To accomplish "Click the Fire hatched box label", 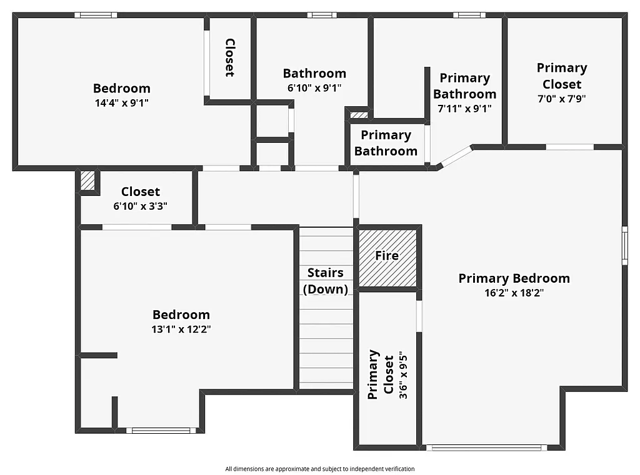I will (x=387, y=255).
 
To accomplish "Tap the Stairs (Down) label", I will (x=326, y=281).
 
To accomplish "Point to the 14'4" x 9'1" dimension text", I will (x=122, y=103).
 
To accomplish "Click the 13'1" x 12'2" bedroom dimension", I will (x=181, y=330).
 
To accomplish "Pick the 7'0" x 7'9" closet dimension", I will (x=562, y=99).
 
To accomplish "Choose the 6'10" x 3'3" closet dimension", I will (x=140, y=206).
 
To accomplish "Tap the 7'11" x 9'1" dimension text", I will (x=464, y=109).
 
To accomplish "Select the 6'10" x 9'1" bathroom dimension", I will (x=314, y=88).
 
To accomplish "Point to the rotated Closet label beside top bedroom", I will (x=229, y=57).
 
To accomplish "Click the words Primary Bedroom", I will (x=514, y=278).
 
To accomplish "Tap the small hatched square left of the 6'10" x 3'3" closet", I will (x=87, y=180).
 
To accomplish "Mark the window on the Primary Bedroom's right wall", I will (x=624, y=246).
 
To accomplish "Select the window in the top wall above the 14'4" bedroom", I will (x=96, y=14).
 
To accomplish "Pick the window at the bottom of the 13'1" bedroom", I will (x=161, y=430).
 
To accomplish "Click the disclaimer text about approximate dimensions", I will (x=320, y=469).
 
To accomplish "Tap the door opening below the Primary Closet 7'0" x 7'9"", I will (x=569, y=147).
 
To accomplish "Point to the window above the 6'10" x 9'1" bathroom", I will (x=322, y=14).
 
